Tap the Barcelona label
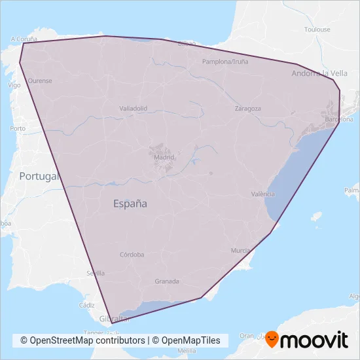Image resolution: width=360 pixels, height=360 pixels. [x=338, y=119]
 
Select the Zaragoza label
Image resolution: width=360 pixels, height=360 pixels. [x=248, y=109]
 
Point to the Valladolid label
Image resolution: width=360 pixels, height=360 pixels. [x=134, y=108]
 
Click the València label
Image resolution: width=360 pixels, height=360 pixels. [x=263, y=194]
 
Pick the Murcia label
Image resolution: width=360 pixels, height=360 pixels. [x=241, y=251]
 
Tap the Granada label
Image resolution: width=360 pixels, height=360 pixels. [x=167, y=281]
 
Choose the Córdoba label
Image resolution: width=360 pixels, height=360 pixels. [x=132, y=255]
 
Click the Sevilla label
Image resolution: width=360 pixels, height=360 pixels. [x=96, y=273]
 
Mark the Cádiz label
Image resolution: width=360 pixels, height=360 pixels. [x=86, y=305]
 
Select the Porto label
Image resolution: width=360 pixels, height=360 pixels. [x=18, y=128]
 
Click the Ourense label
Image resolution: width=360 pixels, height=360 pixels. [x=40, y=81]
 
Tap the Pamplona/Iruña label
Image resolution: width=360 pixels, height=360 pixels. [x=225, y=62]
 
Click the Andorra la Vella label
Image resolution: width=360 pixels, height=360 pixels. [x=319, y=73]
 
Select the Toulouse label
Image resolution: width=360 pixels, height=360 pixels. [x=317, y=29]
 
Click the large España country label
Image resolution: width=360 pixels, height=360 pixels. [x=130, y=204]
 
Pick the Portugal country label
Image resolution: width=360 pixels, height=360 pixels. [x=39, y=175]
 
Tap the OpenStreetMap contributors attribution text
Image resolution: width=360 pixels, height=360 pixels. [x=82, y=340]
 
